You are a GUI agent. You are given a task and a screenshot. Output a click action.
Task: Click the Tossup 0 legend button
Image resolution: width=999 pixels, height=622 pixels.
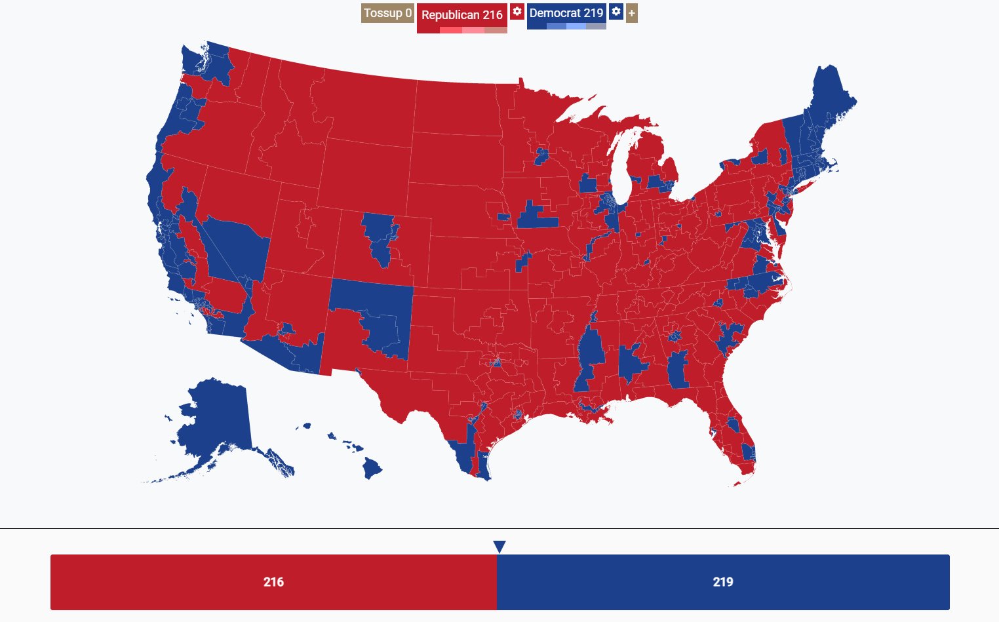click(x=387, y=13)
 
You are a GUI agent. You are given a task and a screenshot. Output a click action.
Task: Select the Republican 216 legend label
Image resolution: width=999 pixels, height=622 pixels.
click(x=461, y=14)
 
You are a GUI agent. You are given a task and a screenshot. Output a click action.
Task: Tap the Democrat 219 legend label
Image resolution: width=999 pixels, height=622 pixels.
click(x=566, y=13)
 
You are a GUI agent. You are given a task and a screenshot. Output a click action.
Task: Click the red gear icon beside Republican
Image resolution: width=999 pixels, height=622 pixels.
click(x=517, y=12)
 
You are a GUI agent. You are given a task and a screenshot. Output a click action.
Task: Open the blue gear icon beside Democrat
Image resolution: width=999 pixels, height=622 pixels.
click(x=616, y=12)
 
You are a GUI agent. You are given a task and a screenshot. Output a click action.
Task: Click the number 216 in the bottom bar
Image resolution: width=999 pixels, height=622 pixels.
click(x=273, y=582)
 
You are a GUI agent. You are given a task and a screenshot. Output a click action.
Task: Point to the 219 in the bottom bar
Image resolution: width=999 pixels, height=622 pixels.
click(x=722, y=582)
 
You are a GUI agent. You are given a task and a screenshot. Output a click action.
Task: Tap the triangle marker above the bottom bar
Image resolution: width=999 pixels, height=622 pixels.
click(x=499, y=547)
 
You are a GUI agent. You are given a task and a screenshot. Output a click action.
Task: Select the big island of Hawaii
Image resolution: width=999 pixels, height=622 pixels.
click(x=372, y=468)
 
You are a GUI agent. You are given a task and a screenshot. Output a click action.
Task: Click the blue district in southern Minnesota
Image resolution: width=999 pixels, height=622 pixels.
click(x=541, y=156)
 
